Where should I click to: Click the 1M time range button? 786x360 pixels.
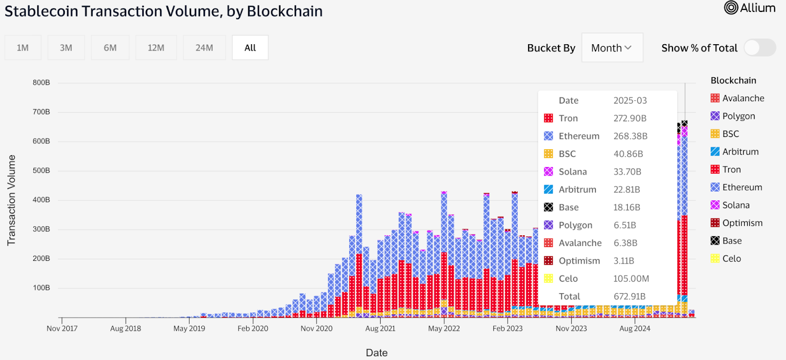point(23,48)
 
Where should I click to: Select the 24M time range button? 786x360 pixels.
point(204,48)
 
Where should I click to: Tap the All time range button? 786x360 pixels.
point(250,48)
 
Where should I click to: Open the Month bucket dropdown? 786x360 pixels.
point(612,48)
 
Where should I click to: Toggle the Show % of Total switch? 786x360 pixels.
point(759,48)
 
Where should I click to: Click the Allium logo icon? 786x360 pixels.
point(731,8)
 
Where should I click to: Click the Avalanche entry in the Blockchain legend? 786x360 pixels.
point(743,98)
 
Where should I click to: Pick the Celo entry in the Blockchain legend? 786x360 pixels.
point(731,259)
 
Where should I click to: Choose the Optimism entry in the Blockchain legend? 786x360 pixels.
point(742,223)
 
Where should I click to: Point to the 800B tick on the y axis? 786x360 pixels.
point(41,83)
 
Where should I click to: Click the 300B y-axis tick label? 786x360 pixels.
point(41,229)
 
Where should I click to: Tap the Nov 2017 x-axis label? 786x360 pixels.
point(62,329)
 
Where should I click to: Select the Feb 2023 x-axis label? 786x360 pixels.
point(507,329)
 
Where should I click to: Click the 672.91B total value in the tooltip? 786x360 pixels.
point(629,297)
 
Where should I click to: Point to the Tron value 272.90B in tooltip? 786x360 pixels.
point(630,118)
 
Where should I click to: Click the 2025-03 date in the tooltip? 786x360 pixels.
point(630,101)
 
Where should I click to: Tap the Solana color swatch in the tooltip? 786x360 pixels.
point(549,172)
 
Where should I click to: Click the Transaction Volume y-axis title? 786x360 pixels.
point(11,200)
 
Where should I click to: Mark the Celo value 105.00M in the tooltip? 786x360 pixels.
point(631,279)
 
